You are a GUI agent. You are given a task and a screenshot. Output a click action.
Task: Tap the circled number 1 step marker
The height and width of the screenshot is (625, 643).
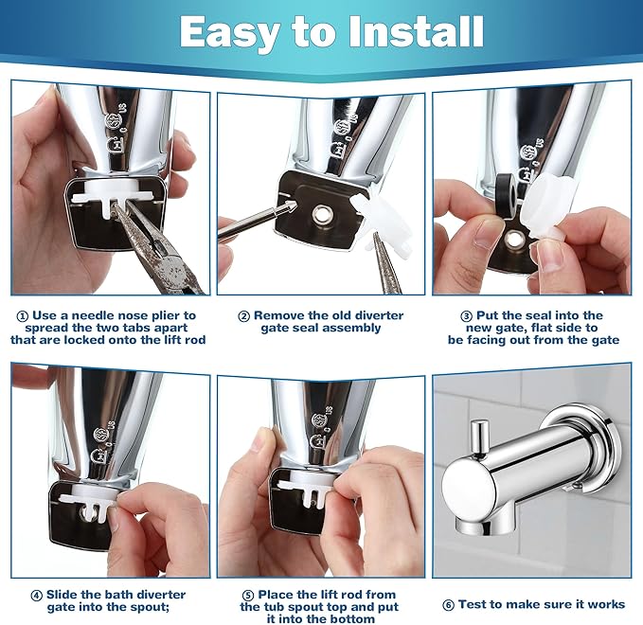click(x=22, y=315)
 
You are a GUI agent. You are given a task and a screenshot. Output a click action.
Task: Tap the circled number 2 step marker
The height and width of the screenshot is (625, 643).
click(x=243, y=315)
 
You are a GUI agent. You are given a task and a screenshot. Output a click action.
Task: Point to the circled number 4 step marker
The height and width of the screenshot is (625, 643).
click(x=37, y=596)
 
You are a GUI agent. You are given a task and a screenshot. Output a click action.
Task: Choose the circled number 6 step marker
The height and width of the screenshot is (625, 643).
click(x=448, y=604)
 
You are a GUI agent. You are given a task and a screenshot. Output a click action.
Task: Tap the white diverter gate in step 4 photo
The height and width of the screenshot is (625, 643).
click(x=88, y=497)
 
